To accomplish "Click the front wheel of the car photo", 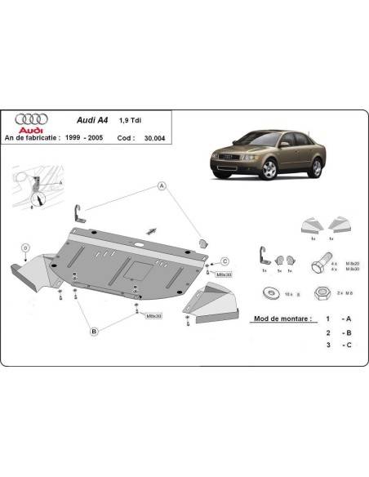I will click(x=268, y=170).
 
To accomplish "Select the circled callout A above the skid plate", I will click(x=162, y=185).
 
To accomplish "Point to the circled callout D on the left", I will click(x=26, y=247).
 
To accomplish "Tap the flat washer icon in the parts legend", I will click(x=270, y=292).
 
